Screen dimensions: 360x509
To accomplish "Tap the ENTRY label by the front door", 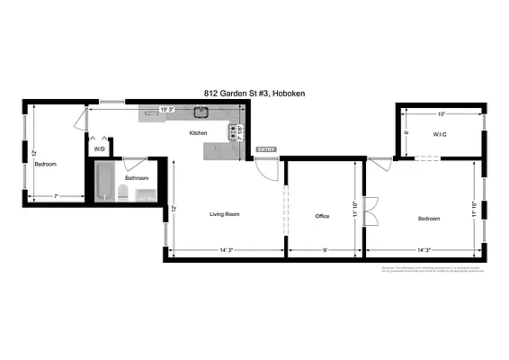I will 266,149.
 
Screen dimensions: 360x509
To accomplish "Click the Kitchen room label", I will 198,133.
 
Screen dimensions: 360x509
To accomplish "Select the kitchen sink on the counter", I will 204,113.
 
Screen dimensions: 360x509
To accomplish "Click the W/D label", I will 100,148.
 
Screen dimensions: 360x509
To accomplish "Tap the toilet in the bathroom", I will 121,192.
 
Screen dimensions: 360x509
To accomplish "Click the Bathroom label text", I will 137,178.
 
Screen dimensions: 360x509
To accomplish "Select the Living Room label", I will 224,215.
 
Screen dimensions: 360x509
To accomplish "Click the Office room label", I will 322,217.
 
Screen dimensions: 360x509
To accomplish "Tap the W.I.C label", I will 440,135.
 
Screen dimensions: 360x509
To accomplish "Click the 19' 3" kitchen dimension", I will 166,109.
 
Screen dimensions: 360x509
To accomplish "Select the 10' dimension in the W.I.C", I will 441,114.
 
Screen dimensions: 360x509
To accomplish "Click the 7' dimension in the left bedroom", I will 55,196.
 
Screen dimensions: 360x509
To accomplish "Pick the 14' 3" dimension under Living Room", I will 224,249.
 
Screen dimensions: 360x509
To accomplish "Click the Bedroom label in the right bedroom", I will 429,219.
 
